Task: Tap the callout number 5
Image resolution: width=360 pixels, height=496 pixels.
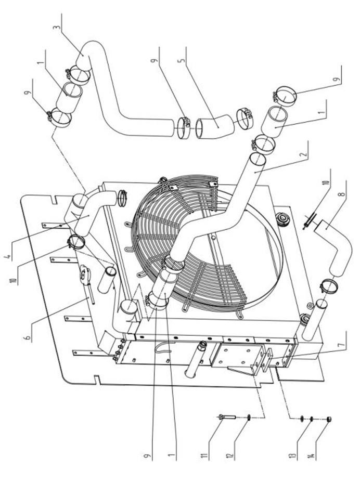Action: (x=182, y=60)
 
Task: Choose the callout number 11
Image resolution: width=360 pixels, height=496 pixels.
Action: (x=205, y=455)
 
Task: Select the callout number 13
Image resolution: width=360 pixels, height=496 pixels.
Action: (x=293, y=455)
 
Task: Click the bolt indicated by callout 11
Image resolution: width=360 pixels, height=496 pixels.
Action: (x=227, y=417)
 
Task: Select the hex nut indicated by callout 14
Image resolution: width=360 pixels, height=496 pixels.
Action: (x=328, y=420)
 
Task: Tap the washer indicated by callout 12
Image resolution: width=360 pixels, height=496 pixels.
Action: (x=249, y=418)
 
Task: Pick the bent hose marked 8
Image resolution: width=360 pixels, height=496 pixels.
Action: (x=336, y=250)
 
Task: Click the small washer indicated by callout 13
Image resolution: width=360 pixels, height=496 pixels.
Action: (x=312, y=419)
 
